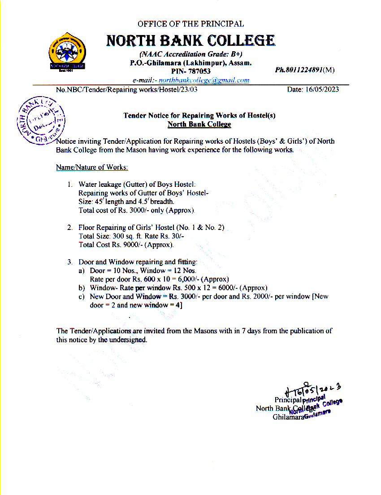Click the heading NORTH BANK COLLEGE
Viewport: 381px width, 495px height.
(x=190, y=41)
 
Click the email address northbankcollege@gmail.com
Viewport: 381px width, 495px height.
(x=204, y=80)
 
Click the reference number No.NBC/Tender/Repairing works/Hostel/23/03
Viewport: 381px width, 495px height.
(x=127, y=89)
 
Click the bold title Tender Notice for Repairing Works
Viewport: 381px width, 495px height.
(x=199, y=115)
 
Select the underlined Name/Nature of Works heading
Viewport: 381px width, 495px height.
(x=92, y=167)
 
